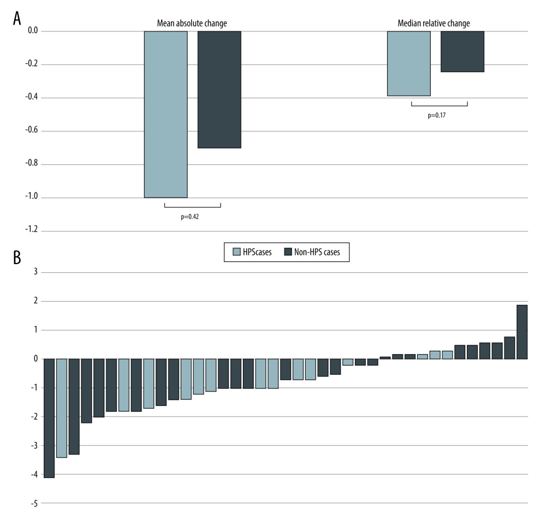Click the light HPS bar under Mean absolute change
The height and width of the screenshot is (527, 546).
pyautogui.click(x=166, y=114)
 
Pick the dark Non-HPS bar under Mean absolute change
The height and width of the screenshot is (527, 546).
pyautogui.click(x=219, y=89)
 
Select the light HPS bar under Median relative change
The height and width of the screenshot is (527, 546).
pyautogui.click(x=409, y=63)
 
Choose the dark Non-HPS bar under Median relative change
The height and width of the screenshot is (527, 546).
pyautogui.click(x=462, y=51)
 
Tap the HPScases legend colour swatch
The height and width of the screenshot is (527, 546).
pyautogui.click(x=236, y=252)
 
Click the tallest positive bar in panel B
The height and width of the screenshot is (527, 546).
pyautogui.click(x=522, y=332)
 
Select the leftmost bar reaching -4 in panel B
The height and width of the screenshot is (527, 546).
pyautogui.click(x=49, y=418)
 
